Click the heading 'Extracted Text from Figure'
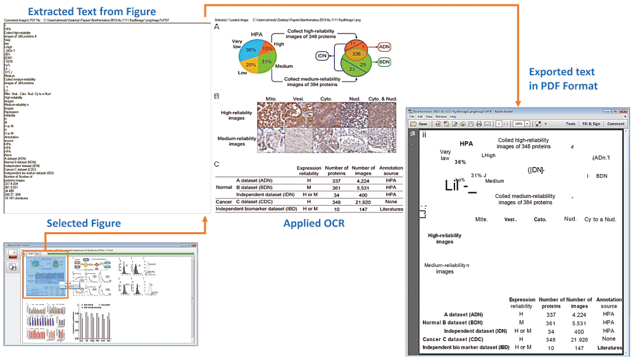83,11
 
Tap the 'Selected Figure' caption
84,223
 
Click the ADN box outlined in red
385,47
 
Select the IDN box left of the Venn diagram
322,56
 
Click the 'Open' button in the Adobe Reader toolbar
422,123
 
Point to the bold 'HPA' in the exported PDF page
467,144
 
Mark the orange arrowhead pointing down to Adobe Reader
518,101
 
